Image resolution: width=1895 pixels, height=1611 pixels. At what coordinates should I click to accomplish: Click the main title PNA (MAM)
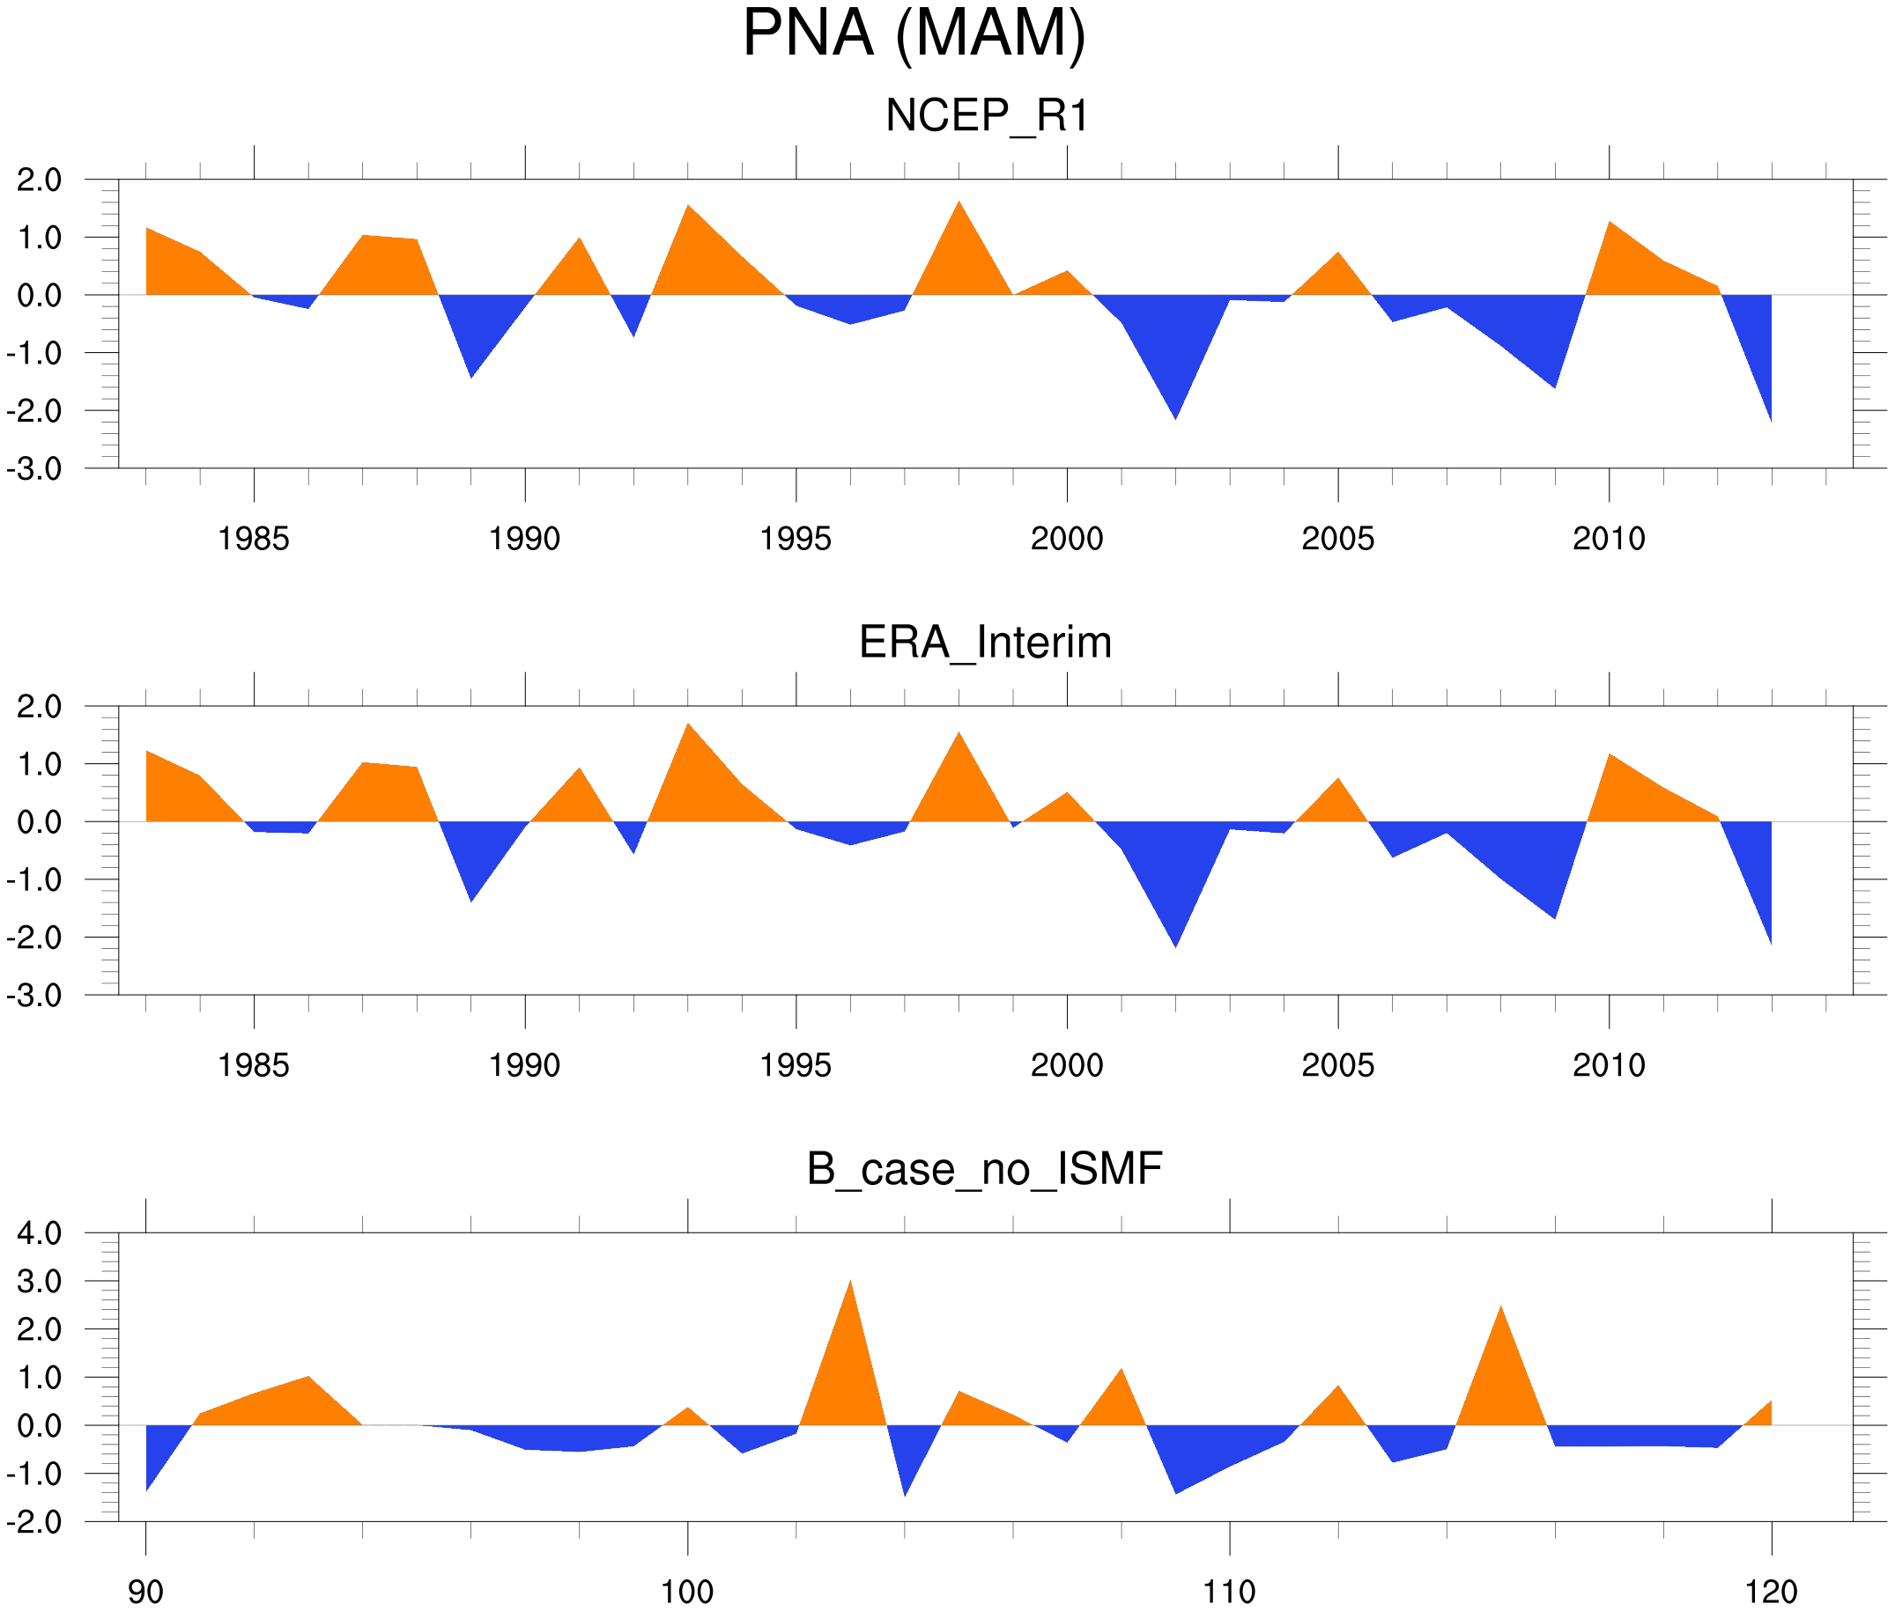coord(914,33)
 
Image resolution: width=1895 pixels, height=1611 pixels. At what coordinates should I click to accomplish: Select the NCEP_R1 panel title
coord(986,116)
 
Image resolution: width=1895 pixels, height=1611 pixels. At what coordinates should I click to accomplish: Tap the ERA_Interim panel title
coord(985,643)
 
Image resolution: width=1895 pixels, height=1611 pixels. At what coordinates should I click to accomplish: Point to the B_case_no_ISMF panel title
coord(984,1169)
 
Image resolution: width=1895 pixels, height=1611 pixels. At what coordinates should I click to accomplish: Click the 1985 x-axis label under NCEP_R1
coord(253,539)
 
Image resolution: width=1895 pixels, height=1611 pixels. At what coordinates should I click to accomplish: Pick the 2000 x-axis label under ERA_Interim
coord(1066,1065)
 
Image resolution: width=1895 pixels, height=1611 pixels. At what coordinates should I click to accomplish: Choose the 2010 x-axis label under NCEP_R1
coord(1608,539)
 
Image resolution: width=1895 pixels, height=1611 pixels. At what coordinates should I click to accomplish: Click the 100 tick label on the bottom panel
coord(687,1593)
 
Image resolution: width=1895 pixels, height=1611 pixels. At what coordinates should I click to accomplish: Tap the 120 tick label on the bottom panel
coord(1771,1593)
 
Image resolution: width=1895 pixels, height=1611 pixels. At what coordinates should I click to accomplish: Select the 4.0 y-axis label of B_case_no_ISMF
coord(40,1233)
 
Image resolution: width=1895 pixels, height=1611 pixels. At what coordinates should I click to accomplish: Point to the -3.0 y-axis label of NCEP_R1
coord(33,469)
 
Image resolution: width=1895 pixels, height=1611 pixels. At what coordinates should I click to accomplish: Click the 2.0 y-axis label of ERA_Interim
coord(40,706)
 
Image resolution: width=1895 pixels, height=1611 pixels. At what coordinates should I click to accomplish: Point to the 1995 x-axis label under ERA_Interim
coord(795,1065)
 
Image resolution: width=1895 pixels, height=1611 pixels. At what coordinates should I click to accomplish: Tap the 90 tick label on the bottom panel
coord(145,1593)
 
